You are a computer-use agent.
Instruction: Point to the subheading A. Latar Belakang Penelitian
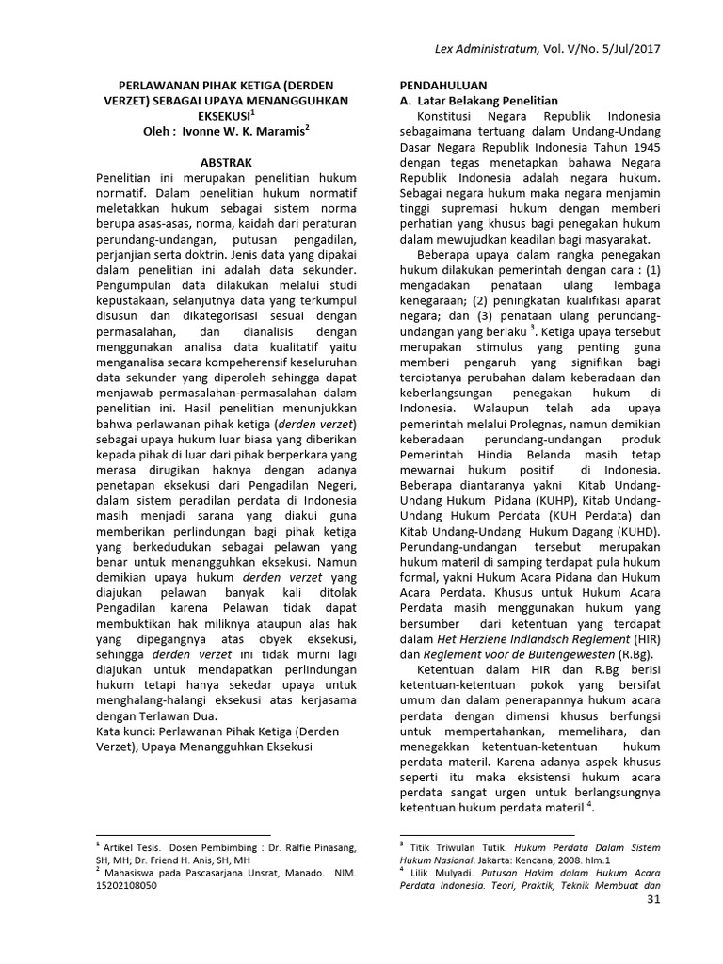click(479, 100)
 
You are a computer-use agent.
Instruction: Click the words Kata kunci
click(129, 731)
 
